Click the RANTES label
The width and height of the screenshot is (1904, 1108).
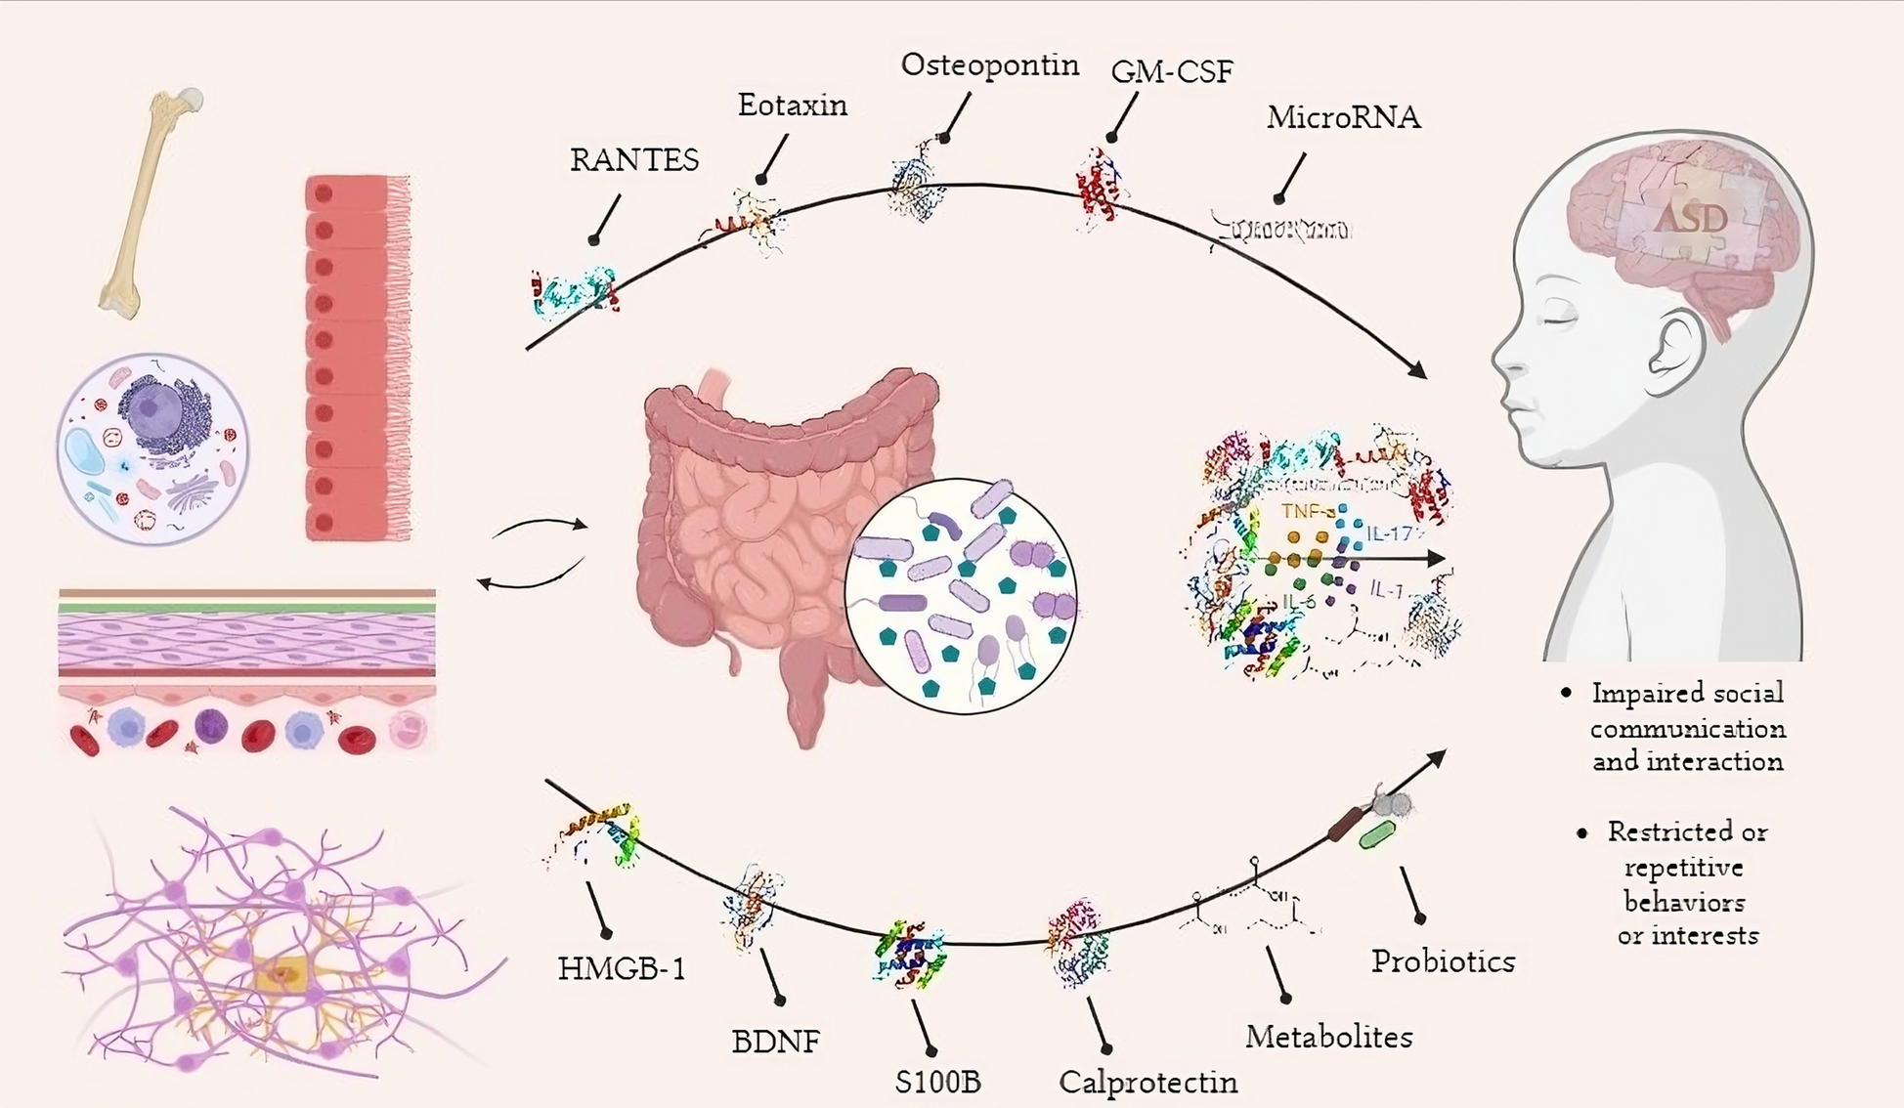click(634, 159)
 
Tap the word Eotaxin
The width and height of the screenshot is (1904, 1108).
click(792, 105)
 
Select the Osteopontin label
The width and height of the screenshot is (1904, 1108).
click(989, 64)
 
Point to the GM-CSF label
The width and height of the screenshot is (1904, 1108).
click(1172, 71)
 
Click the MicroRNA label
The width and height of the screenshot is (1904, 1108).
click(1343, 117)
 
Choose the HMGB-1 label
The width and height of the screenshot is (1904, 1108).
click(622, 969)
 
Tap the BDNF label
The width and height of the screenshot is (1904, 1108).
click(775, 1042)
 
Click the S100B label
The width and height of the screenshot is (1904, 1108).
click(937, 1083)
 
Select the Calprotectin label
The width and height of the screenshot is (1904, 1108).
click(1147, 1083)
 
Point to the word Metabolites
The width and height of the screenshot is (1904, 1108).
click(1328, 1037)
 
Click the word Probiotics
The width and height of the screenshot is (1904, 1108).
click(1443, 961)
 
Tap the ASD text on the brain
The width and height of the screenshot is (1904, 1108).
click(1690, 218)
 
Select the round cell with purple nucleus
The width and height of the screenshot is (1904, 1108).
click(152, 448)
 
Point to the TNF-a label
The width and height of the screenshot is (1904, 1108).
click(1307, 511)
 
